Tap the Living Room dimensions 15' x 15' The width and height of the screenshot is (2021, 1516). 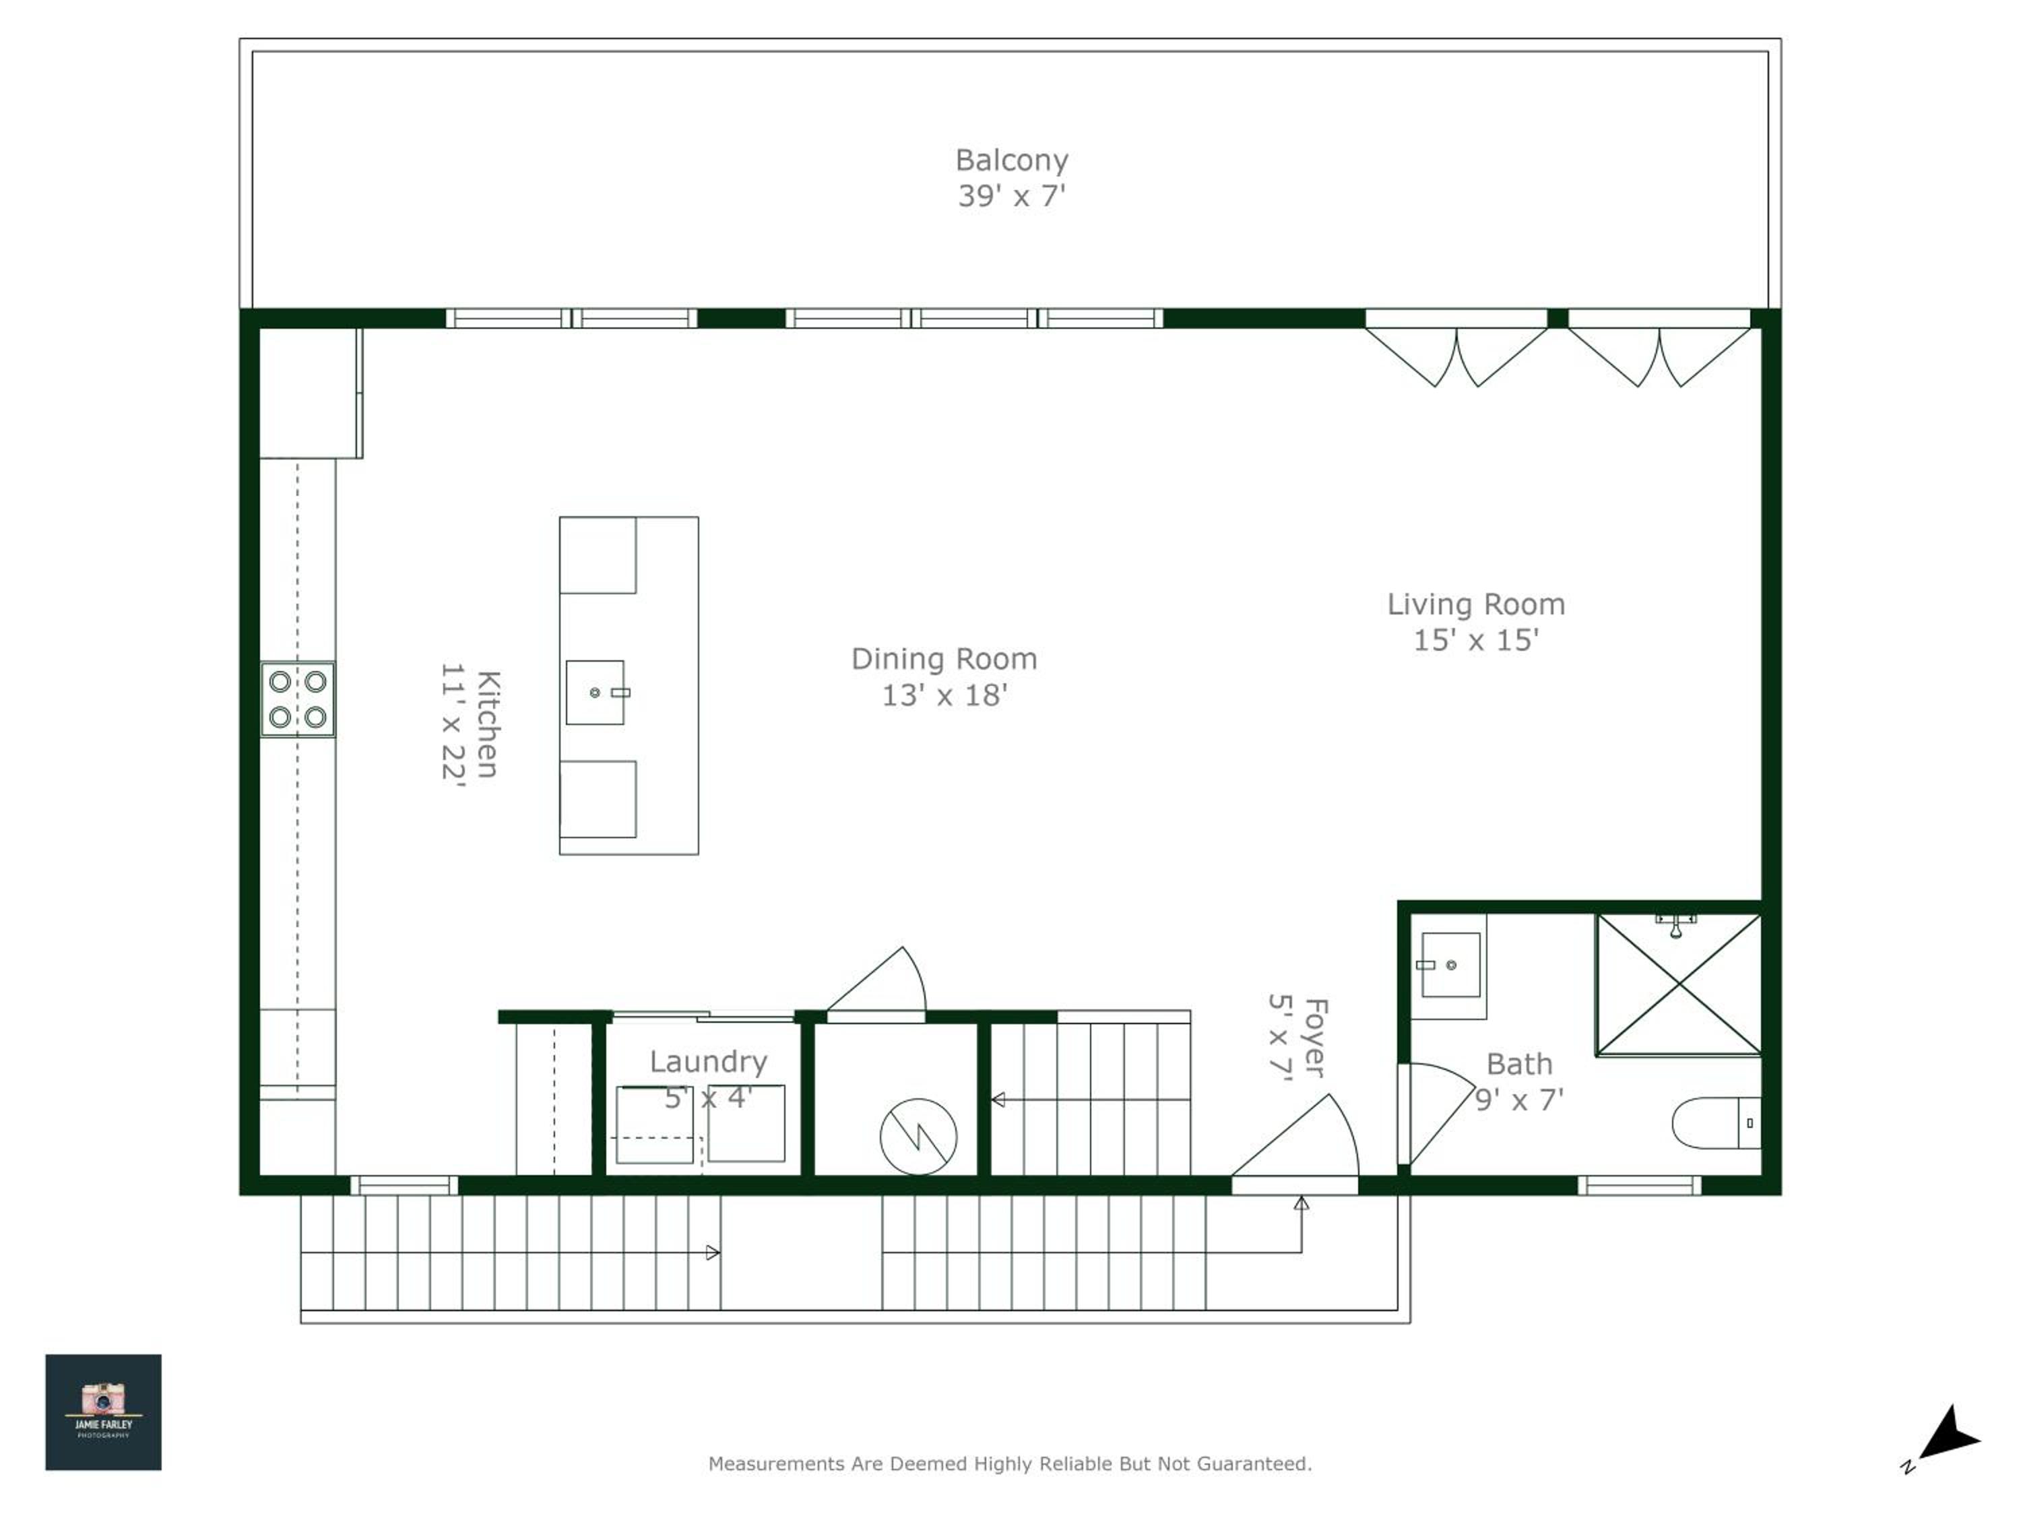click(x=1475, y=639)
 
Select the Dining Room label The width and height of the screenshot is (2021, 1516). click(x=944, y=659)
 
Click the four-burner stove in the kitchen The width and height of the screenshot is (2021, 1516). click(x=298, y=699)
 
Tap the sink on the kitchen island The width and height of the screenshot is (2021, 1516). click(x=596, y=693)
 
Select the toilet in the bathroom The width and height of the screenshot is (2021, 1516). click(x=1716, y=1123)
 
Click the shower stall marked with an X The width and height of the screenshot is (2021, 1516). click(x=1678, y=984)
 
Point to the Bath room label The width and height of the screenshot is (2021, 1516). click(x=1519, y=1065)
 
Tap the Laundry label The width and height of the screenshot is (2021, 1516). click(x=708, y=1062)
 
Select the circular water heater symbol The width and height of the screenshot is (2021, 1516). click(x=918, y=1137)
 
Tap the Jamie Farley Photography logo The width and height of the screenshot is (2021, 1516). click(x=103, y=1412)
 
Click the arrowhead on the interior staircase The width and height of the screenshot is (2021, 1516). click(x=998, y=1100)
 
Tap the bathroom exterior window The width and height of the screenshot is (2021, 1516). click(x=1639, y=1185)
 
